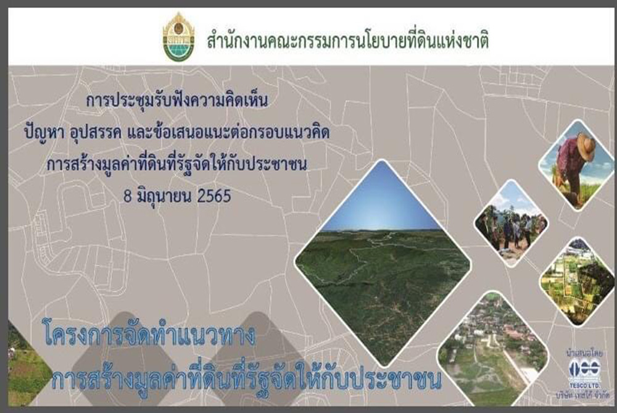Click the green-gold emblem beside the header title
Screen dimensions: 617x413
tap(179, 36)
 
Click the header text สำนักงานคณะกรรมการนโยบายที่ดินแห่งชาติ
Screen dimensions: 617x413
tap(348, 41)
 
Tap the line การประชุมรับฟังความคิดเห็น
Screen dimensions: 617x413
tap(177, 101)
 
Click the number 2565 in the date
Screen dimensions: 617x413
tap(214, 196)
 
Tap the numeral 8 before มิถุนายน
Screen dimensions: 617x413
tap(128, 196)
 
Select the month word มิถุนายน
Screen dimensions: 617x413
tap(165, 196)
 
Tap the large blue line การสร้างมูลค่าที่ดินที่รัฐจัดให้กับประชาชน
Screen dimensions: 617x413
tap(246, 378)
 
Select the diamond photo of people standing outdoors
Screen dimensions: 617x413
tap(511, 223)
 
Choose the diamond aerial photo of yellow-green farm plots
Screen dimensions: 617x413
tap(577, 281)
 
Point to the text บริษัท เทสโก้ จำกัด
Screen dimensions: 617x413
tap(583, 395)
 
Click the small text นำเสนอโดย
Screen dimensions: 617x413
tap(584, 353)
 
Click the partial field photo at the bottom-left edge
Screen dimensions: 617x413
tap(28, 364)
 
